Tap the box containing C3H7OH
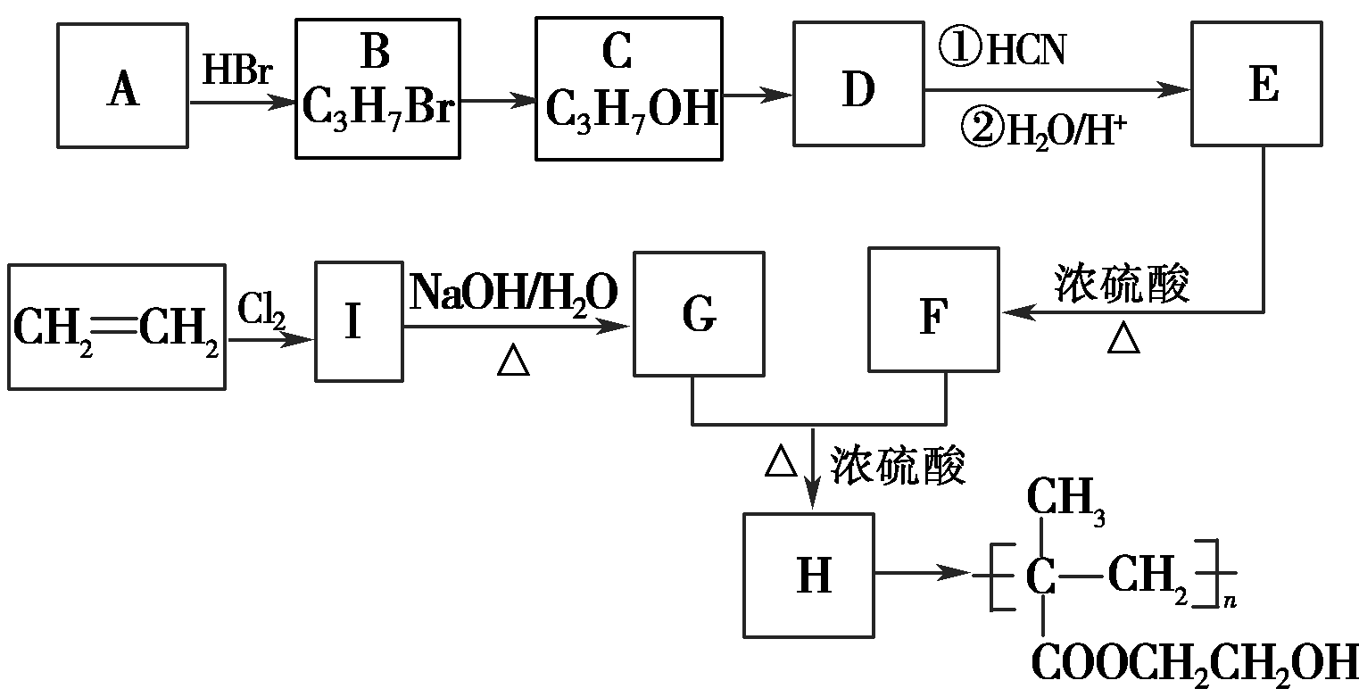pos(629,89)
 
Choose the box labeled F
pos(933,310)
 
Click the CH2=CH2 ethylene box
pos(116,327)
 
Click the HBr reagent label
pos(236,72)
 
